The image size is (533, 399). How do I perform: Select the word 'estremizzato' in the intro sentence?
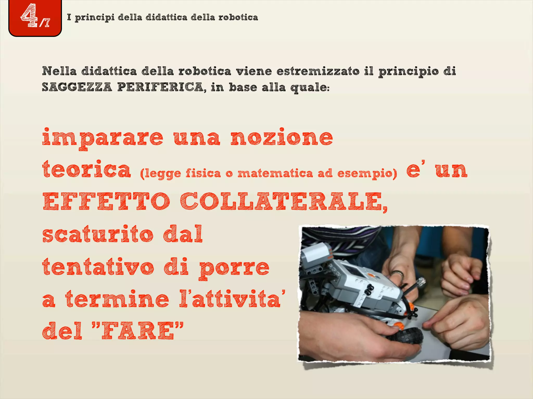click(x=318, y=71)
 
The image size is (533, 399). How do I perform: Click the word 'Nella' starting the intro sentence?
click(x=59, y=71)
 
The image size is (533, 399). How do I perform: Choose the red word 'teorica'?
click(x=87, y=170)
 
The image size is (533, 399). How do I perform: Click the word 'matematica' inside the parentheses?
click(x=275, y=173)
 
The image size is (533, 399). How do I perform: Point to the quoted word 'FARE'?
click(x=137, y=331)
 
